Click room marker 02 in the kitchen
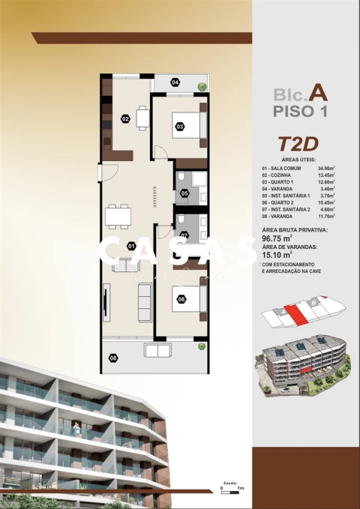pyautogui.click(x=125, y=118)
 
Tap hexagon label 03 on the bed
pyautogui.click(x=180, y=126)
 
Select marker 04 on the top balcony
pyautogui.click(x=175, y=82)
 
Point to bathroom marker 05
pyautogui.click(x=184, y=194)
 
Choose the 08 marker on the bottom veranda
pyautogui.click(x=113, y=358)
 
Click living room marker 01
pyautogui.click(x=130, y=245)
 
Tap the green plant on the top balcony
pyautogui.click(x=202, y=87)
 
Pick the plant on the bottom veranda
pyautogui.click(x=201, y=346)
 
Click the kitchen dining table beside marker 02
pyautogui.click(x=142, y=118)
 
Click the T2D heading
pyautogui.click(x=294, y=143)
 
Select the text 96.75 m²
pyautogui.click(x=277, y=240)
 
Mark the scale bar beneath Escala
pyautogui.click(x=230, y=489)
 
